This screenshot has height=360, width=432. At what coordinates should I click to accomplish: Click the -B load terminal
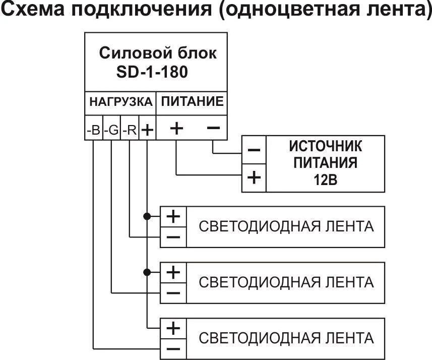click(x=93, y=130)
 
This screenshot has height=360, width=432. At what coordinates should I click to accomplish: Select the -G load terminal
click(x=111, y=130)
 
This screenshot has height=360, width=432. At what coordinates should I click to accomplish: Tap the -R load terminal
click(x=130, y=130)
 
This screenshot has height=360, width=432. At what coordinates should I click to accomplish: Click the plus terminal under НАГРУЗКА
click(x=147, y=130)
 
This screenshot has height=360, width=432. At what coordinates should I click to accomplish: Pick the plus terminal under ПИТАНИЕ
click(x=176, y=129)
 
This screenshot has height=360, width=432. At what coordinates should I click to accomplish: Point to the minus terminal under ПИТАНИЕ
click(x=213, y=129)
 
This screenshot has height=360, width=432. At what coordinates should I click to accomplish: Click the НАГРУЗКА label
click(x=120, y=102)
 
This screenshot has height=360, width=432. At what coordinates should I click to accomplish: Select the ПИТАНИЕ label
click(x=192, y=102)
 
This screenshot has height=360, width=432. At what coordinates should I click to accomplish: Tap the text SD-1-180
click(x=152, y=72)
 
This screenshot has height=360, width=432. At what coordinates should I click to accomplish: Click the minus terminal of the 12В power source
click(x=255, y=150)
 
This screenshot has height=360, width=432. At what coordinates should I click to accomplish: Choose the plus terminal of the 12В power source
click(x=255, y=177)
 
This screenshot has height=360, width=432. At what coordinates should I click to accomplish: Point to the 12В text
click(x=325, y=180)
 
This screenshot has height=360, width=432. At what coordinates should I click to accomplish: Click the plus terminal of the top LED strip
click(x=173, y=216)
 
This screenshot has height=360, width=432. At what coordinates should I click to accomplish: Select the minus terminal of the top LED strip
click(x=173, y=236)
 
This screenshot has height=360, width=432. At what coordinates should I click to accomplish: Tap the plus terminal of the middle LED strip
click(x=173, y=272)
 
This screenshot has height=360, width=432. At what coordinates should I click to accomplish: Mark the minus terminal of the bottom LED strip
click(x=173, y=348)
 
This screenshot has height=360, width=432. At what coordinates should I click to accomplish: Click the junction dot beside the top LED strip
click(x=147, y=216)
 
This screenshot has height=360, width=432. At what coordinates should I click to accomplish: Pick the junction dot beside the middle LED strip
click(x=147, y=272)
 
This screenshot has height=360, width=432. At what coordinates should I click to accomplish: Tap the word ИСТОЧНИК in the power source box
click(x=325, y=146)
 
